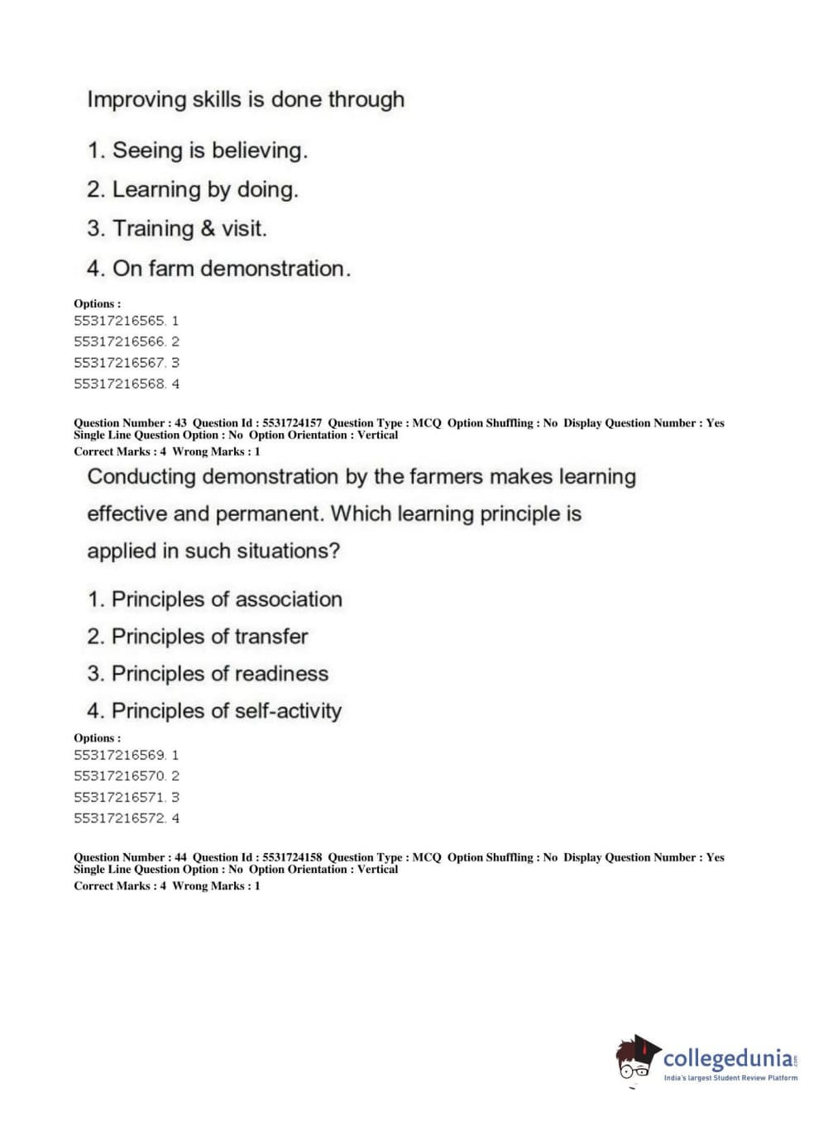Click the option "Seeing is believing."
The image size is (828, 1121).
(x=209, y=150)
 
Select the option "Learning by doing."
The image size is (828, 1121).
(x=204, y=189)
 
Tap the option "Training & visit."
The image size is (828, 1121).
(x=189, y=228)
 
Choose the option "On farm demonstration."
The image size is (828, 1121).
(x=231, y=268)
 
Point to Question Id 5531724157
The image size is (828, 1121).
(x=257, y=422)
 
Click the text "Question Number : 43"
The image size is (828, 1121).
(x=130, y=422)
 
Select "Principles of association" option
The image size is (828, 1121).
(x=226, y=599)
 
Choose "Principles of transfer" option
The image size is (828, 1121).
(x=209, y=636)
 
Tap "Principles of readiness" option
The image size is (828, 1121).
(x=219, y=673)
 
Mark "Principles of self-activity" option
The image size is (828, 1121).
(x=226, y=710)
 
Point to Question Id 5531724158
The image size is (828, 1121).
(x=257, y=857)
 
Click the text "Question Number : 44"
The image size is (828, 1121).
(x=130, y=857)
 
